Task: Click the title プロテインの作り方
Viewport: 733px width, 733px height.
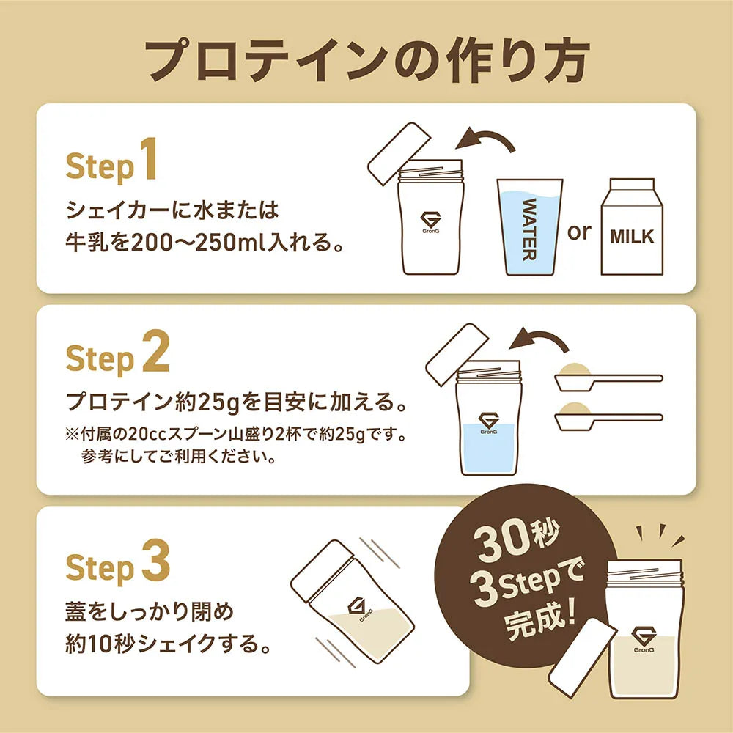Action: click(366, 59)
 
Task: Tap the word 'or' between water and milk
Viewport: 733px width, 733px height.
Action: click(579, 232)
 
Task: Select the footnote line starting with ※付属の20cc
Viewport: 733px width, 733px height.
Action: click(235, 435)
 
